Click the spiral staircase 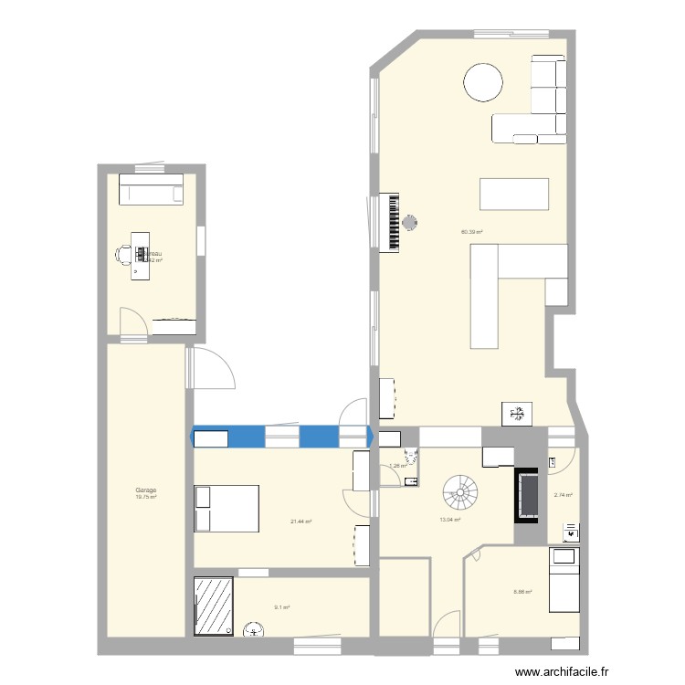(x=460, y=493)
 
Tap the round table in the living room (x=483, y=81)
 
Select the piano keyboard (x=395, y=221)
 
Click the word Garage (x=146, y=490)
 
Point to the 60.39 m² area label (x=472, y=232)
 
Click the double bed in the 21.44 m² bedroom (x=226, y=508)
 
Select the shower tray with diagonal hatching (x=214, y=604)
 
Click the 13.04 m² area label (x=449, y=520)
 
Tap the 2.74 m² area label (x=563, y=496)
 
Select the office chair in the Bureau (x=122, y=254)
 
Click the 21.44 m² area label (x=301, y=522)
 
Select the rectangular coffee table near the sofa (x=514, y=195)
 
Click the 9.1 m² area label (x=280, y=606)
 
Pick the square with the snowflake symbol (x=518, y=413)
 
